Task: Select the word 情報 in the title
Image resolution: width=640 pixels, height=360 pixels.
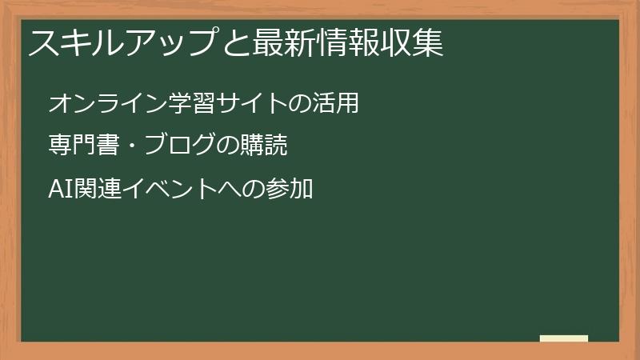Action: tap(346, 43)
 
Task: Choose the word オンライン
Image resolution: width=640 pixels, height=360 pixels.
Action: tap(98, 104)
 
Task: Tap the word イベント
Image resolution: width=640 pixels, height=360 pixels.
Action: tap(170, 190)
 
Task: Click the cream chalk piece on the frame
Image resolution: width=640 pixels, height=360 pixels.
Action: tap(564, 338)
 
